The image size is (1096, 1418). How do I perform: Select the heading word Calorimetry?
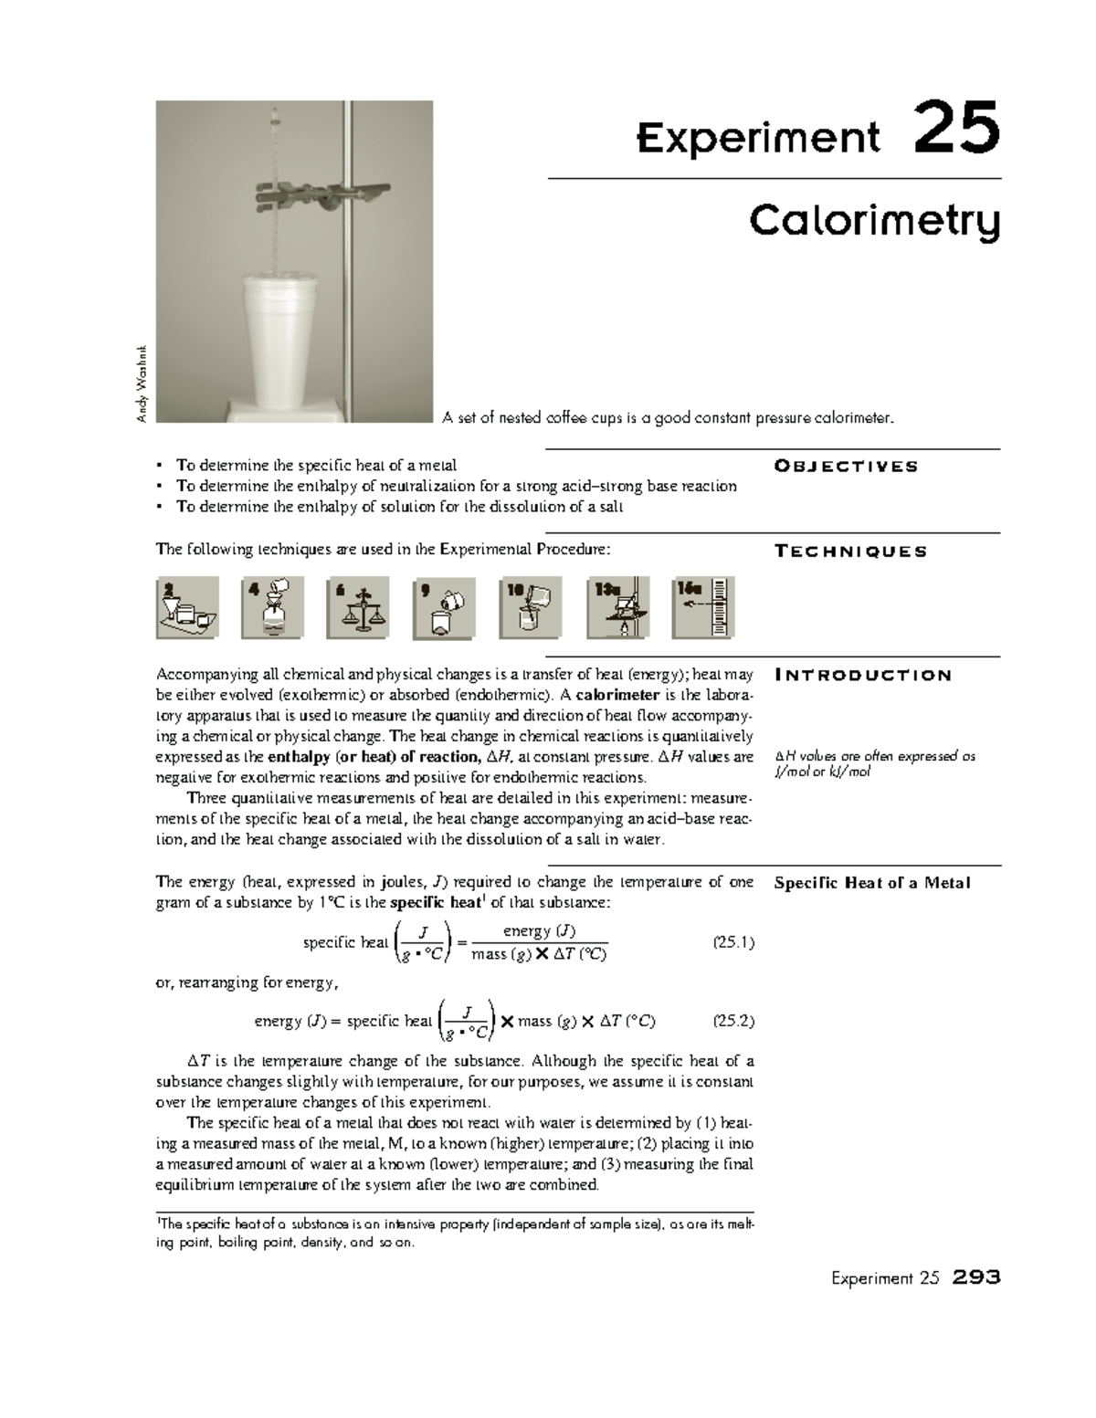tap(874, 222)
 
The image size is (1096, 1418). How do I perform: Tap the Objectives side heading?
tap(846, 467)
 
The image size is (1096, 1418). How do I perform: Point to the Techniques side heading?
tap(850, 551)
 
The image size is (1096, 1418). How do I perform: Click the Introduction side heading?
tap(863, 676)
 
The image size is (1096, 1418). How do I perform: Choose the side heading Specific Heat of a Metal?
tap(871, 883)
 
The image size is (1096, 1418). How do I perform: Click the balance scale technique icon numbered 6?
tap(358, 607)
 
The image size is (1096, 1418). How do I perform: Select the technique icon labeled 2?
tap(187, 607)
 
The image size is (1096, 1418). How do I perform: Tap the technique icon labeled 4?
tap(272, 607)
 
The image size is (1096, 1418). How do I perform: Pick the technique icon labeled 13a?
tap(618, 607)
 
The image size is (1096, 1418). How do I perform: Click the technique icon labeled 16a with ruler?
tap(703, 607)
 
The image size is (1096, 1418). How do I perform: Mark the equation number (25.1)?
tap(732, 943)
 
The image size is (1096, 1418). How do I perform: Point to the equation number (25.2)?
tap(732, 1022)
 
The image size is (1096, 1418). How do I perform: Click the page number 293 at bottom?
tap(975, 1277)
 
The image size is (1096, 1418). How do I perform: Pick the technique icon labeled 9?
tap(444, 607)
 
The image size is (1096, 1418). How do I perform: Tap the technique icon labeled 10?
tap(531, 607)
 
